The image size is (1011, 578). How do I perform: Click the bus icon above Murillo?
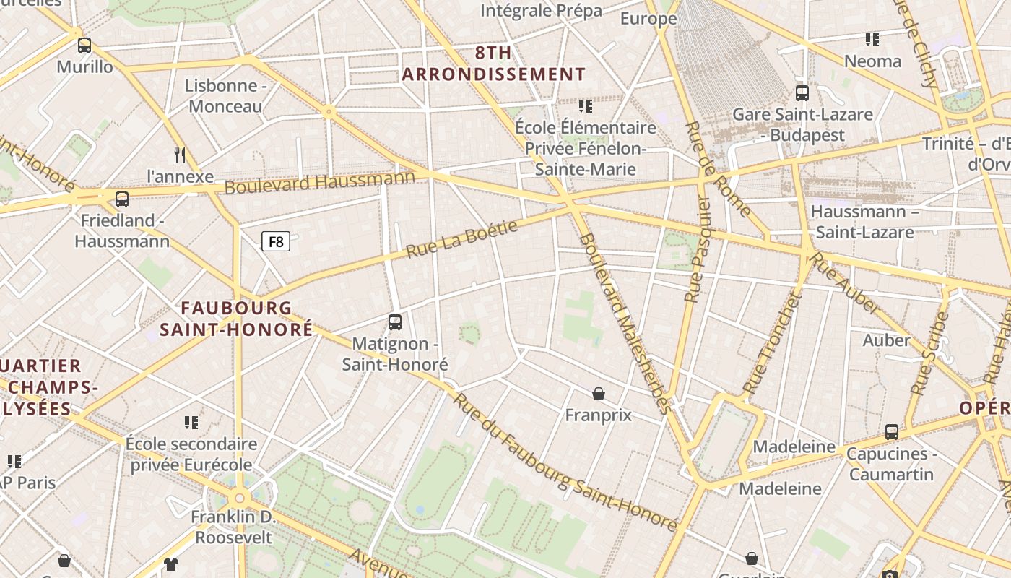click(84, 46)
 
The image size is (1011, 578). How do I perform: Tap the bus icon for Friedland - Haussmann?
click(122, 199)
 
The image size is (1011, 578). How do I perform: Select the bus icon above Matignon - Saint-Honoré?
click(395, 322)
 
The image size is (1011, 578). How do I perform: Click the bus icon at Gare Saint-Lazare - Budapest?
click(802, 93)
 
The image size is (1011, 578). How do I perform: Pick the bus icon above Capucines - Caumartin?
click(892, 432)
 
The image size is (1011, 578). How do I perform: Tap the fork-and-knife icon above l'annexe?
click(180, 155)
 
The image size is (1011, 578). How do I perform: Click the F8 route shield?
click(276, 241)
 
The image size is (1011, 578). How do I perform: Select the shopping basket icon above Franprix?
click(598, 394)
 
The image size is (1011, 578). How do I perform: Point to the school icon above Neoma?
click(872, 40)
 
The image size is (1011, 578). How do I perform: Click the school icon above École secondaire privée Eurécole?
click(191, 422)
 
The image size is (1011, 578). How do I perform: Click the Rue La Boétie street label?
click(462, 239)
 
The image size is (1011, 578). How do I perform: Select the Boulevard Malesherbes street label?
click(625, 322)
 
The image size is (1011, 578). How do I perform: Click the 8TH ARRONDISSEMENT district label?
click(493, 64)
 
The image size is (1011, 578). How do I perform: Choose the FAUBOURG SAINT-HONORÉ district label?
click(236, 319)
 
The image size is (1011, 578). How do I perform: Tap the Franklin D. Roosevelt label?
click(233, 527)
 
